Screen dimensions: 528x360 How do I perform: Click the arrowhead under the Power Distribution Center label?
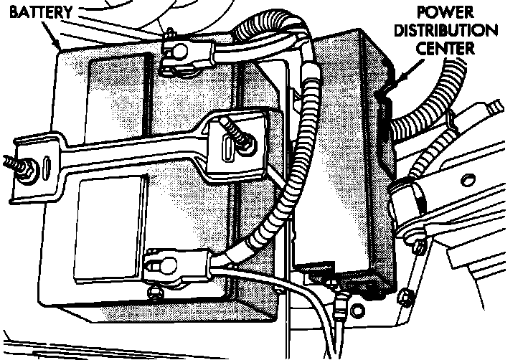click(382, 89)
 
